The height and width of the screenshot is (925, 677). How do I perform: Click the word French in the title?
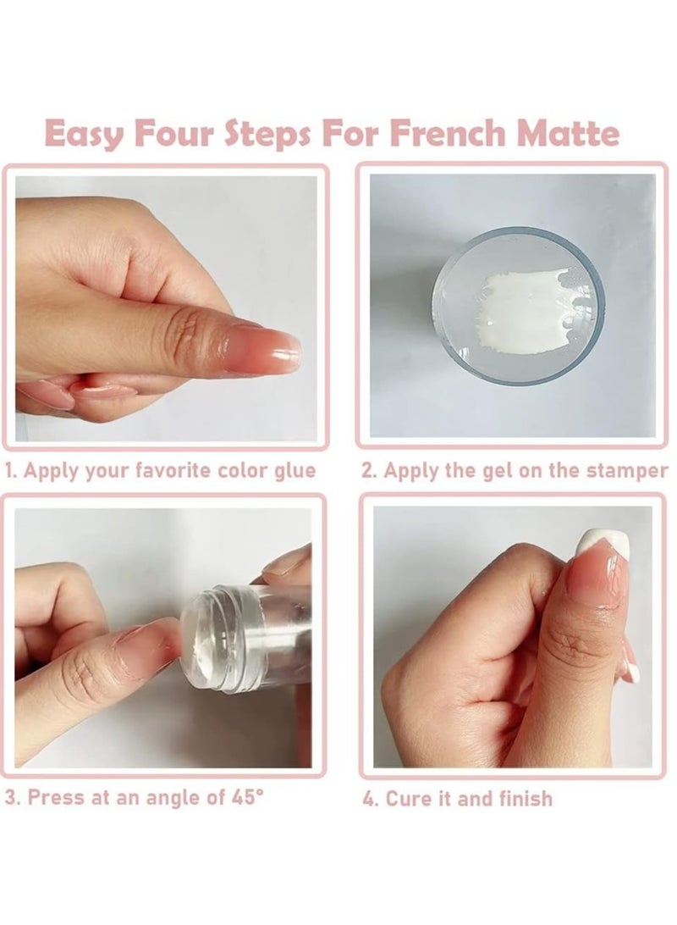(x=447, y=133)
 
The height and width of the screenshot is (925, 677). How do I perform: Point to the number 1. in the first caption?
(x=11, y=471)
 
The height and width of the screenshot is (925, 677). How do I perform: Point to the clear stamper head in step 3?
(x=206, y=640)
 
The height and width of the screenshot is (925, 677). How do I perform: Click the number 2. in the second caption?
(x=370, y=471)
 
